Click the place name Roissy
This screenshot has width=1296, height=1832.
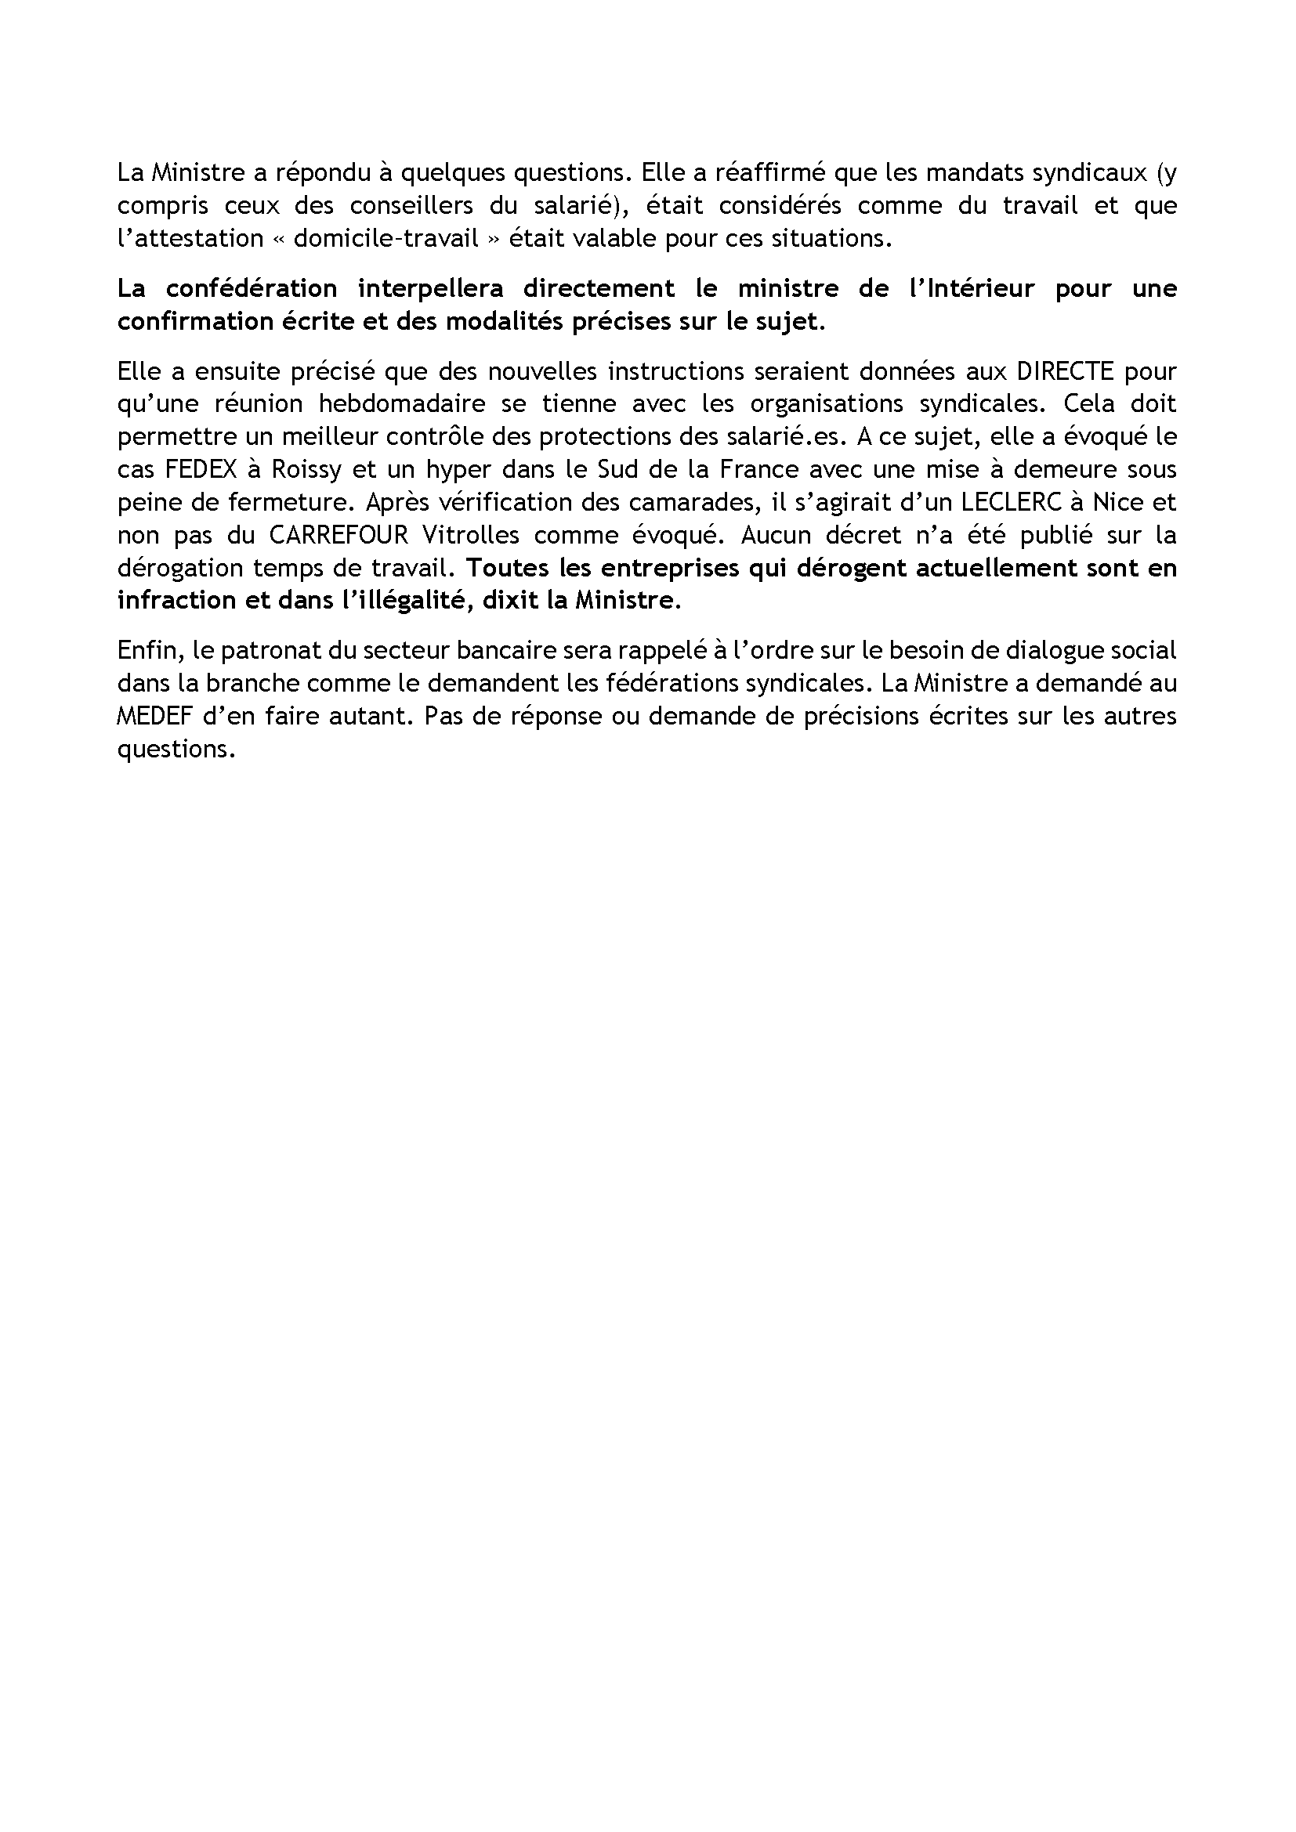pyautogui.click(x=306, y=469)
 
